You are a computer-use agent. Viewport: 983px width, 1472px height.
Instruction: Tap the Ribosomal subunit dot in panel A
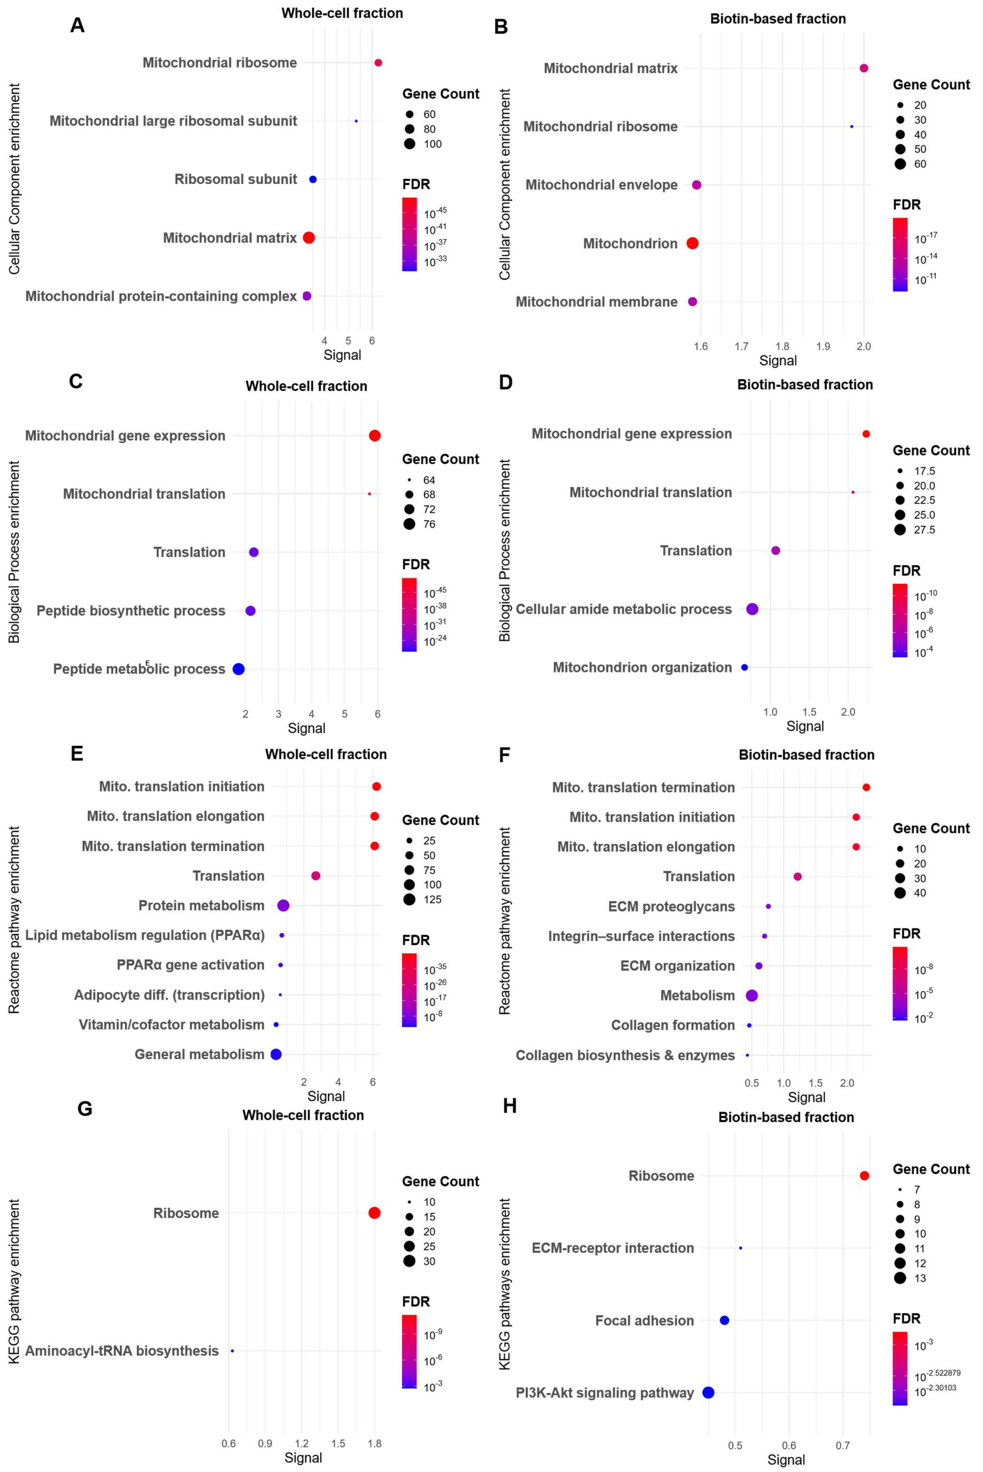click(x=313, y=179)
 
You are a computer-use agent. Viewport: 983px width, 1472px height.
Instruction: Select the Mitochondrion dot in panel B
click(x=692, y=243)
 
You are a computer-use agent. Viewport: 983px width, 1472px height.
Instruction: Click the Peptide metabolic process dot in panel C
click(x=238, y=669)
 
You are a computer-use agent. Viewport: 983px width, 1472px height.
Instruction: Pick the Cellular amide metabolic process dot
click(x=752, y=609)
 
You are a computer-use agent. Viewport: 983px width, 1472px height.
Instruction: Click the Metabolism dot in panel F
click(x=752, y=995)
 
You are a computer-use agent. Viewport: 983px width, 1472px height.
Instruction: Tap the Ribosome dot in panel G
click(x=374, y=1213)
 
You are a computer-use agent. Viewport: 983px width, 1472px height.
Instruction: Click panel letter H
click(x=510, y=1106)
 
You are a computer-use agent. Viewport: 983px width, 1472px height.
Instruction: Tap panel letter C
click(x=76, y=381)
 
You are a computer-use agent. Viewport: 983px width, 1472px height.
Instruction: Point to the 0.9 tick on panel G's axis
click(x=265, y=1443)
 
